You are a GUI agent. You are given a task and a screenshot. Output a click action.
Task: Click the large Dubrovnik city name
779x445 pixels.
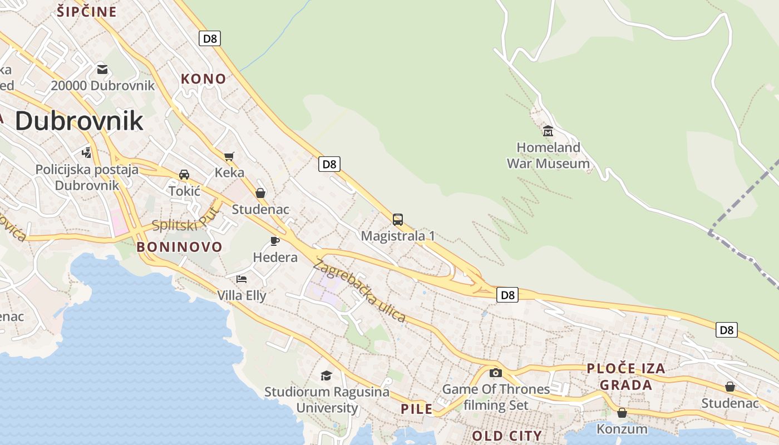pos(79,121)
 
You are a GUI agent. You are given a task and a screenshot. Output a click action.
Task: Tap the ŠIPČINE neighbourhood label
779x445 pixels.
pos(87,12)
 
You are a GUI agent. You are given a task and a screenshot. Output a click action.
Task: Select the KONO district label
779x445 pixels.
pos(204,79)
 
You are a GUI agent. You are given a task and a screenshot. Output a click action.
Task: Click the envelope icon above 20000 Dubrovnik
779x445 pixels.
pos(102,70)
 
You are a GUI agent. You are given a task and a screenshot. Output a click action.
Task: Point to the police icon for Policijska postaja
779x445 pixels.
pos(86,152)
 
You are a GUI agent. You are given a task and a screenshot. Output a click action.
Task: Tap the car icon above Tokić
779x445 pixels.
pos(184,174)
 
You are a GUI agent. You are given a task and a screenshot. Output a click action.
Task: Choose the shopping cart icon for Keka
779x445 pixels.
pos(229,156)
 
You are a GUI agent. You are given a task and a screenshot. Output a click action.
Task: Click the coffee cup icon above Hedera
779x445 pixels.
pos(274,241)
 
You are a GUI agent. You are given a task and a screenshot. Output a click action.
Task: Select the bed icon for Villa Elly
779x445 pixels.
pos(241,279)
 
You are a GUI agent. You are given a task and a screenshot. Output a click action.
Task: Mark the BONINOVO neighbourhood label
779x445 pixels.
pos(180,247)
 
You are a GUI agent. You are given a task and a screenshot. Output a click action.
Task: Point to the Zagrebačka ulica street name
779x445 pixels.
pos(359,291)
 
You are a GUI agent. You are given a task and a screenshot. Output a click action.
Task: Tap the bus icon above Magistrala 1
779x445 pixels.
pos(398,219)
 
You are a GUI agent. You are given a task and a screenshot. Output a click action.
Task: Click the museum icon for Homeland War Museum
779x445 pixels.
pos(548,131)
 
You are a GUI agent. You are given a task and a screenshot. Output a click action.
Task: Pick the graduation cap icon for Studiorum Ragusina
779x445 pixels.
pos(327,376)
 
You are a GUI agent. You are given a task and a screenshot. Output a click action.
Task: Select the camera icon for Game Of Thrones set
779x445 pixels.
pos(496,373)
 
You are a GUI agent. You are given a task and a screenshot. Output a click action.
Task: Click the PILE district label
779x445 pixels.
pos(417,409)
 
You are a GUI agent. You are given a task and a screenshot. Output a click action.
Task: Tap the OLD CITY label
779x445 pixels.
pos(507,436)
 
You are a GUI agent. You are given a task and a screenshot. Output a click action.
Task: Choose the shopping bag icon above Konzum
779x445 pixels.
pos(622,413)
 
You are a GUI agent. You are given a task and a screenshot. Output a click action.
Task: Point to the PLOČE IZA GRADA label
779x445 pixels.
pos(626,377)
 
